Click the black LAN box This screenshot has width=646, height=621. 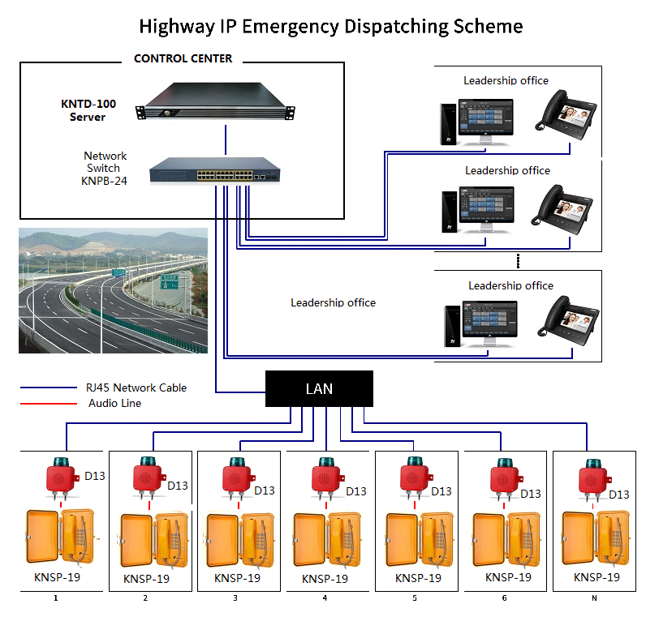coord(319,388)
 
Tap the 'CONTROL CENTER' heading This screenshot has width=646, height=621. coord(183,58)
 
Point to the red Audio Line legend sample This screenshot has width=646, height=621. coord(47,403)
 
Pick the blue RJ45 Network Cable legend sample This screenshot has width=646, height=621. coord(47,388)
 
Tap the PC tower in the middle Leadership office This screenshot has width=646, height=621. coord(449,213)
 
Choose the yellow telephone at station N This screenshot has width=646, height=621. coord(596,540)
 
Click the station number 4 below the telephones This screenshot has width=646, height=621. coord(325,598)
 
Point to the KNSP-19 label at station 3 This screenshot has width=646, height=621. coord(237,578)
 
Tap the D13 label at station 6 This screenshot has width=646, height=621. coord(530,494)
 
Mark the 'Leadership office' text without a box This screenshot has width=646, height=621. coord(333,302)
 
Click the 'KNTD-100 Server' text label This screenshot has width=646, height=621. coord(88,110)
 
